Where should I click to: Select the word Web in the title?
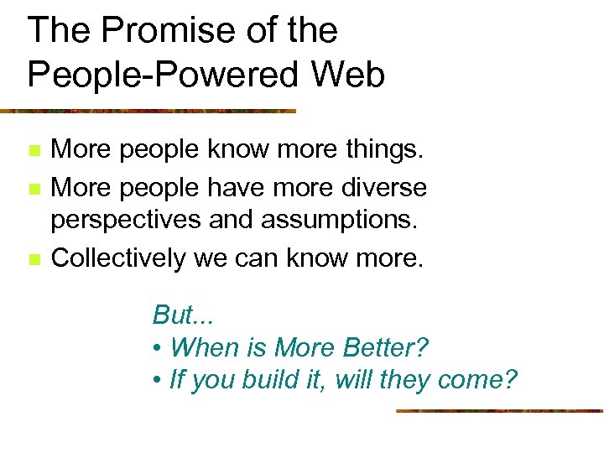tap(350, 75)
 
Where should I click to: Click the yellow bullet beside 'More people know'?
tap(33, 152)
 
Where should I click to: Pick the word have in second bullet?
tap(236, 186)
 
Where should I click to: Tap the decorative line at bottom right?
tap(499, 411)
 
